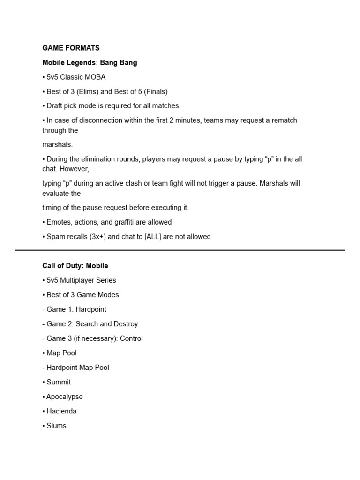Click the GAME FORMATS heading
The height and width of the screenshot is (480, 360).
71,48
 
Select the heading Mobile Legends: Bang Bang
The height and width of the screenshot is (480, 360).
90,62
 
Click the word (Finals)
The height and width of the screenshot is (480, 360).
154,91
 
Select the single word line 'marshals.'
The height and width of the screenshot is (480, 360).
58,144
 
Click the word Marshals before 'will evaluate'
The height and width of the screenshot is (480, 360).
274,183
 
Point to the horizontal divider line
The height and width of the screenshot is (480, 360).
180,250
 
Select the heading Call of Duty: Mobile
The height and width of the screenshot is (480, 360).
75,265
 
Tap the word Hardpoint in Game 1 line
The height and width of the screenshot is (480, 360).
91,309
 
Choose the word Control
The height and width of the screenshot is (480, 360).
131,338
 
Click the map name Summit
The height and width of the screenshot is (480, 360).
59,382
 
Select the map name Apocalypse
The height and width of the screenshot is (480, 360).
64,397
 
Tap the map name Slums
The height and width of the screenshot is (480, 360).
56,426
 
